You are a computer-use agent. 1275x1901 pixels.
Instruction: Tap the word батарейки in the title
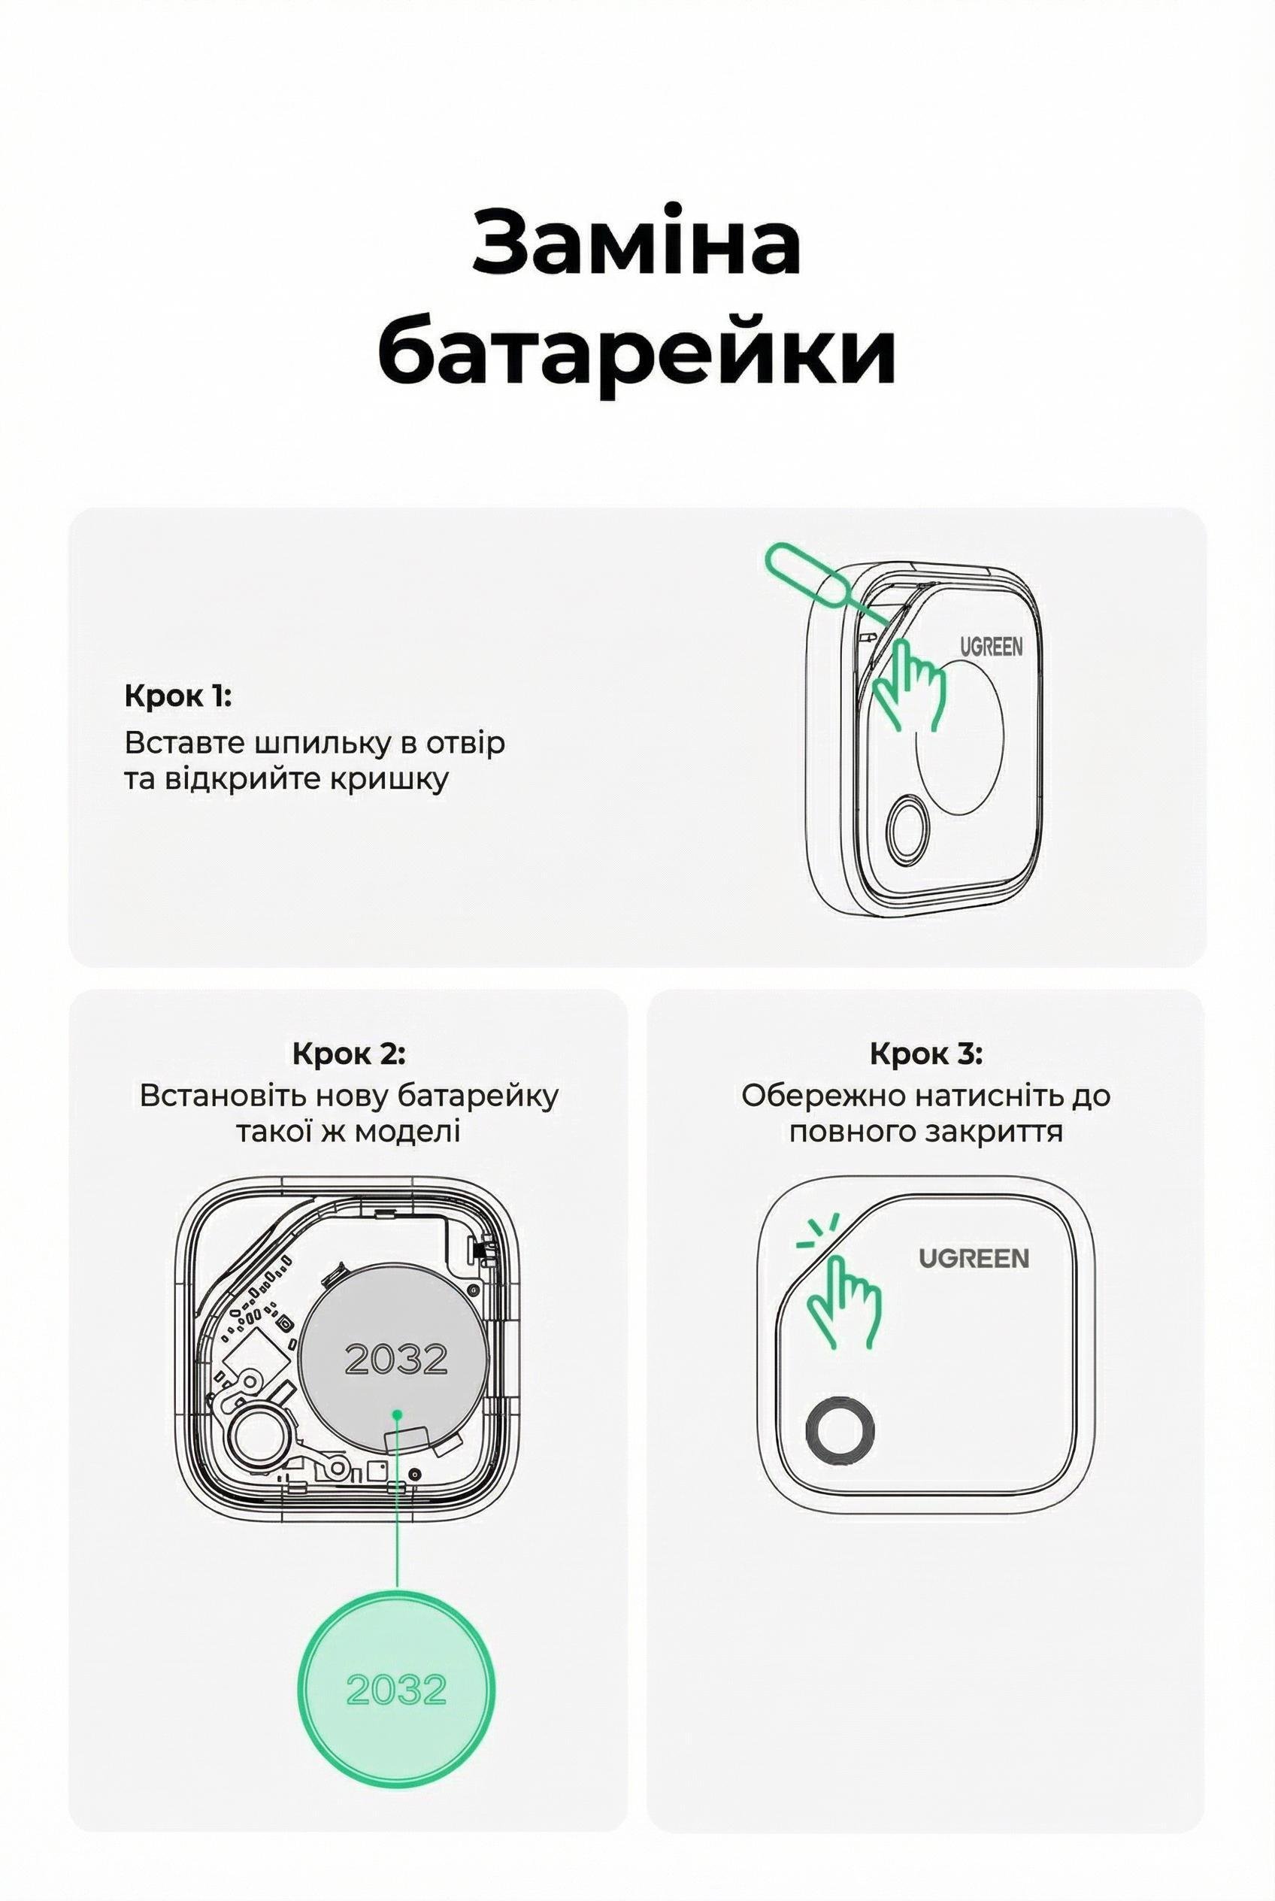coord(637,353)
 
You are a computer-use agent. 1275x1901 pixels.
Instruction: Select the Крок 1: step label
coord(178,697)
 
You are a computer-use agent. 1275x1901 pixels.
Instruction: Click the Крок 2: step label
coord(348,1054)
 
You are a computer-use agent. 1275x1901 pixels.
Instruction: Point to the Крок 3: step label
coord(925,1054)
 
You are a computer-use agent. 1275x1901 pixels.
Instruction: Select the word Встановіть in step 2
coord(220,1096)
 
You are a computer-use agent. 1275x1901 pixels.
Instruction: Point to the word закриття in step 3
coord(1008,1132)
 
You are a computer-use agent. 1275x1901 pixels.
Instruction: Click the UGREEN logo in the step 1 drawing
coord(992,647)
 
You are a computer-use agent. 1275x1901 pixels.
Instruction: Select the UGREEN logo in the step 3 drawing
coord(974,1258)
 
